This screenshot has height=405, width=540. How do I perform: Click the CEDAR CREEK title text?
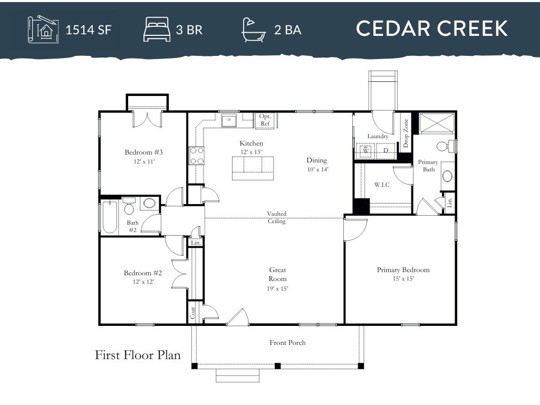pyautogui.click(x=431, y=28)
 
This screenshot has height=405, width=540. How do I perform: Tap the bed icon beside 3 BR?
pyautogui.click(x=157, y=29)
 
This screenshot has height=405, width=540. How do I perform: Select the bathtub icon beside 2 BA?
pyautogui.click(x=254, y=29)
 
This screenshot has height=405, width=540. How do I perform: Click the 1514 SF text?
pyautogui.click(x=88, y=30)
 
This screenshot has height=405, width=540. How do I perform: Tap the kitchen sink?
pyautogui.click(x=229, y=121)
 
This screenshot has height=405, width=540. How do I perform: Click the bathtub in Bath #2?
pyautogui.click(x=109, y=217)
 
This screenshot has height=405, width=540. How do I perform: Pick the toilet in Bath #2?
pyautogui.click(x=130, y=208)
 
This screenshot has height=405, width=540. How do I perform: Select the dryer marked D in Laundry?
pyautogui.click(x=385, y=151)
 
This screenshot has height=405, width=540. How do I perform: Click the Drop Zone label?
pyautogui.click(x=406, y=133)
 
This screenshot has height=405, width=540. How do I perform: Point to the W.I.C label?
pyautogui.click(x=382, y=185)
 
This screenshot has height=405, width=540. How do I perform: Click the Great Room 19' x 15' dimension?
pyautogui.click(x=277, y=288)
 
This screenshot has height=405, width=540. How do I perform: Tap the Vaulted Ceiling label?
pyautogui.click(x=276, y=217)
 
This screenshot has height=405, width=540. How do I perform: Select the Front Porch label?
pyautogui.click(x=287, y=343)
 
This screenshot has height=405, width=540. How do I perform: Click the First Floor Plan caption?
pyautogui.click(x=138, y=355)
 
